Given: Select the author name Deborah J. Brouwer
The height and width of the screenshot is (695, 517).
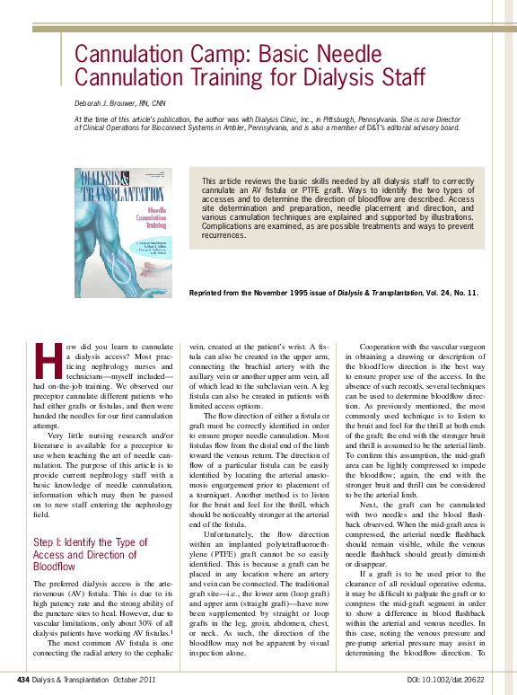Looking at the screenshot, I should [114, 103].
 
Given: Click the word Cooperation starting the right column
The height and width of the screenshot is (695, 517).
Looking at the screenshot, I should [384, 347].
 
